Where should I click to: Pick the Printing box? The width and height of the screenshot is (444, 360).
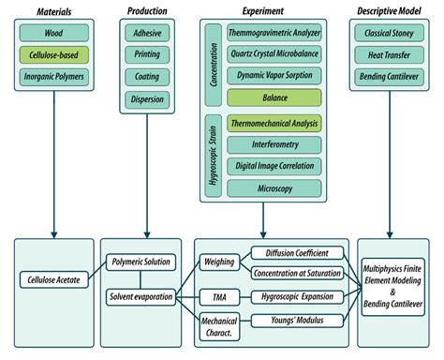click(146, 54)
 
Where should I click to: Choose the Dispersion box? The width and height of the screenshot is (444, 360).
click(146, 97)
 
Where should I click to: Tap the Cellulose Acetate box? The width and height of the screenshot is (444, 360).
click(52, 278)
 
